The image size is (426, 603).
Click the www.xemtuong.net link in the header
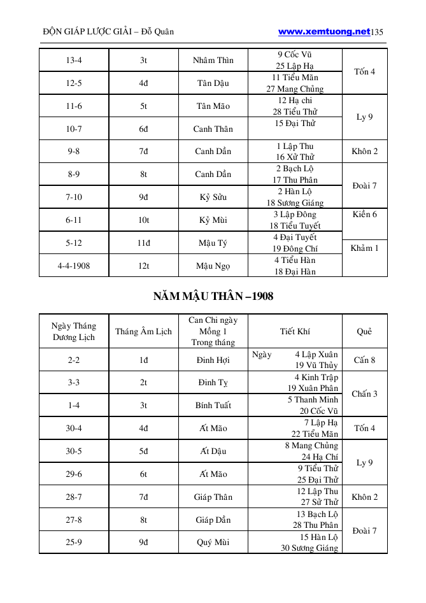click(324, 31)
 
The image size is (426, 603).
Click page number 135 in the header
click(377, 32)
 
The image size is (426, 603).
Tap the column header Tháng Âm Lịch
click(143, 331)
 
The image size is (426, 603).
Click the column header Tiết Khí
click(295, 331)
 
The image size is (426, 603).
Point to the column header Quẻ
click(364, 331)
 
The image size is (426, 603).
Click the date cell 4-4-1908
click(73, 266)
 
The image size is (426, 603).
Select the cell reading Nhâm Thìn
click(213, 60)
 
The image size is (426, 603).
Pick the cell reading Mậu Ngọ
click(213, 266)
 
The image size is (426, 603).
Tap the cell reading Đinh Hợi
click(213, 360)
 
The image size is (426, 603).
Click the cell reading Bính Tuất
click(213, 405)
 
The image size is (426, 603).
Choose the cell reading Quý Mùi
click(213, 543)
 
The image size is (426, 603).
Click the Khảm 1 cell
click(364, 248)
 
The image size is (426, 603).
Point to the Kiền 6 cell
click(364, 215)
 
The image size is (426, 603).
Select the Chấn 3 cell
click(364, 394)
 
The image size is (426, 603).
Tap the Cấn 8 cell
click(364, 360)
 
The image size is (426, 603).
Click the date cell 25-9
click(73, 543)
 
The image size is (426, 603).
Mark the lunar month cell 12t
click(143, 266)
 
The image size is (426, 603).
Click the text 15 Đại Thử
click(295, 123)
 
